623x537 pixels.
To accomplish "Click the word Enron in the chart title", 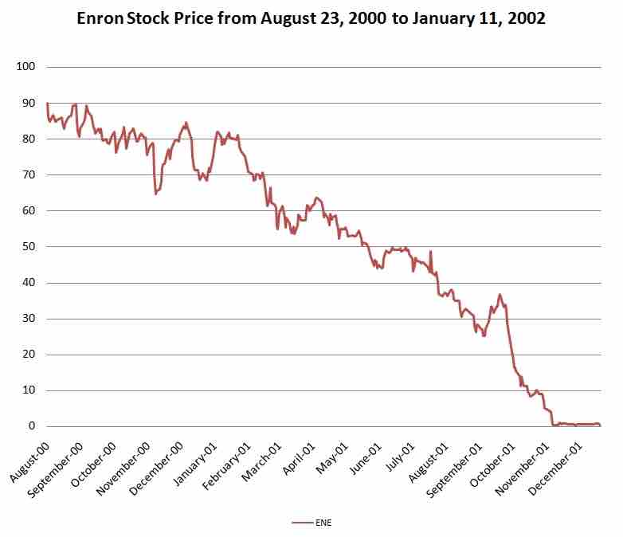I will [100, 18].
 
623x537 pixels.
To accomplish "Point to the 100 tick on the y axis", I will [26, 67].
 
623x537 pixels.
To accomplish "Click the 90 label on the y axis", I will [29, 103].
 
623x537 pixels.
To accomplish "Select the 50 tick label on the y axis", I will [29, 247].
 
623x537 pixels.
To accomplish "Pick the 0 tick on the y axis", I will [33, 426].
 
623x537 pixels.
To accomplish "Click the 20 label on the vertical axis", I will [29, 355].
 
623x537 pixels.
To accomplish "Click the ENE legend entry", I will [311, 523].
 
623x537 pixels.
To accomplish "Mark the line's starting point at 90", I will [48, 104].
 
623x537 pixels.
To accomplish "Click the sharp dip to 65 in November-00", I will [156, 194].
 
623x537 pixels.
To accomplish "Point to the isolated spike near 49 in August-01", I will [431, 252].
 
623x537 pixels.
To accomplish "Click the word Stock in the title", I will [146, 18].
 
